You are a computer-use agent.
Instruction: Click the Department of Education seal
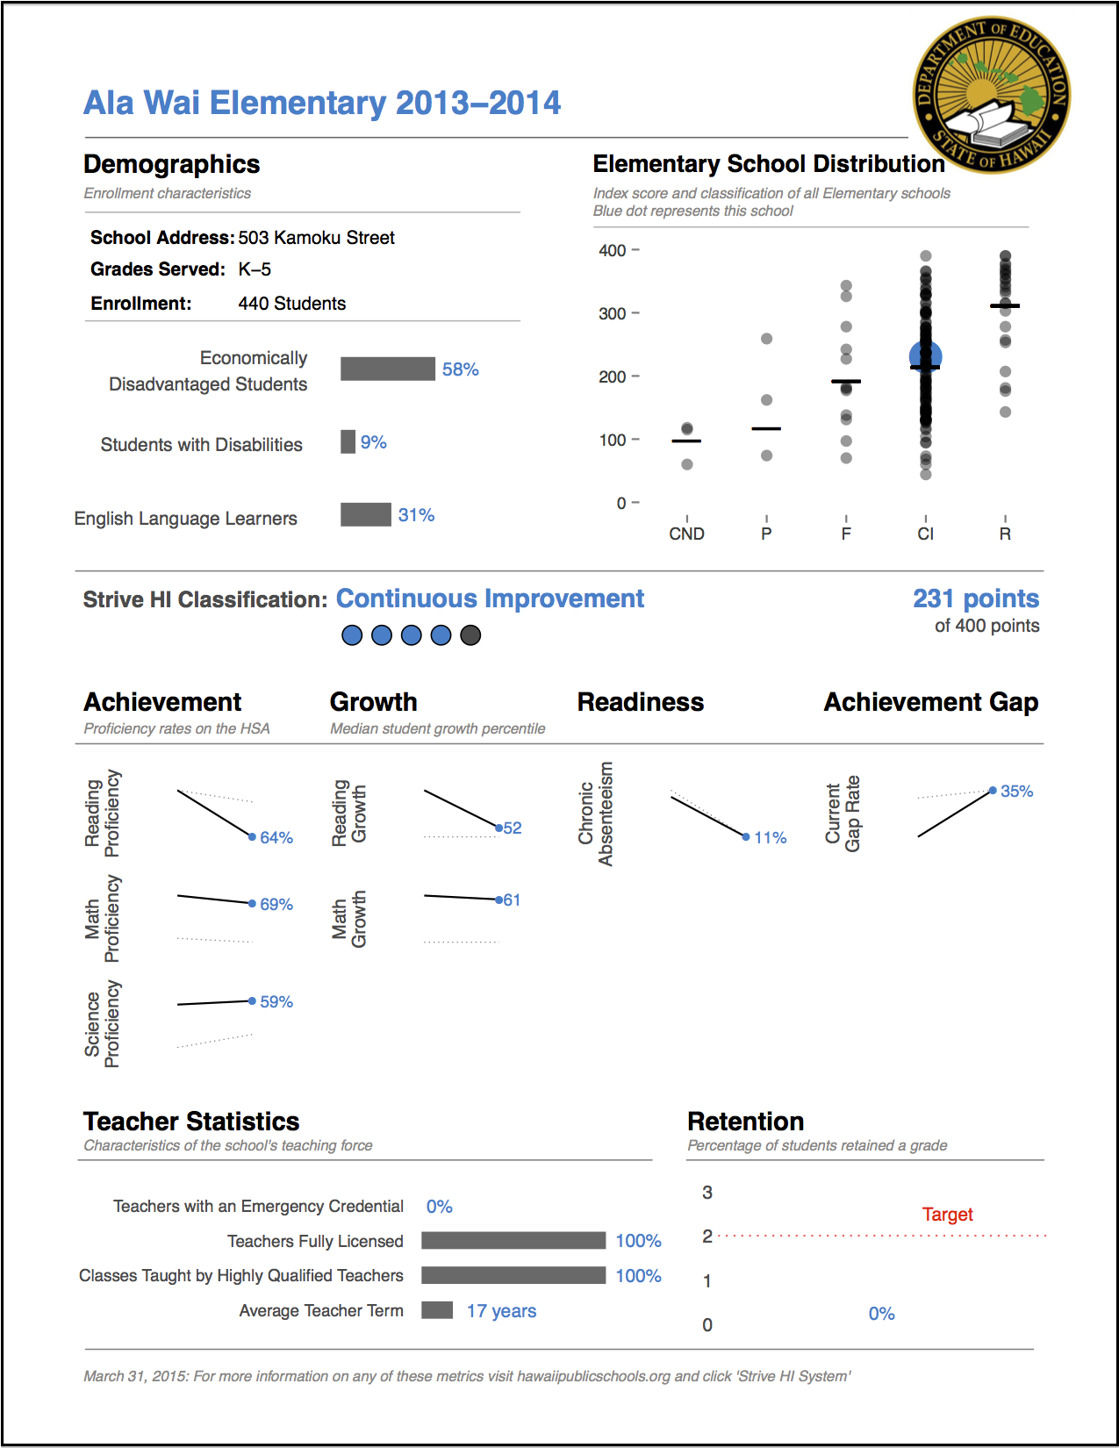tap(991, 95)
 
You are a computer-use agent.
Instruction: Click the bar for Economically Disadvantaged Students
tap(387, 369)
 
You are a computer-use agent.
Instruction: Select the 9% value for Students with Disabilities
tap(373, 441)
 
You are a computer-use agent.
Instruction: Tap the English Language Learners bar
tap(365, 514)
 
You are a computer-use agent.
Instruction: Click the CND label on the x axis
tap(686, 534)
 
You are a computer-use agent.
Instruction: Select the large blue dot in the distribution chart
tap(925, 355)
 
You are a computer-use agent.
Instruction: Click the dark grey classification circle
tap(470, 635)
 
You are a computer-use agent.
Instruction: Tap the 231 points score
tap(976, 599)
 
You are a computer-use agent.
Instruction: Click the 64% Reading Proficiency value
tap(276, 837)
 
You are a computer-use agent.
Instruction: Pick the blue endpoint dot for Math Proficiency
tap(252, 904)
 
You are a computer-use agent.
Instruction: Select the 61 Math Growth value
tap(512, 900)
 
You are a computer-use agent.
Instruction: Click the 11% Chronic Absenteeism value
tap(770, 837)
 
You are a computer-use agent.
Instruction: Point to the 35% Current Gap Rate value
tap(1016, 791)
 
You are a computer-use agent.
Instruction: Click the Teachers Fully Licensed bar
tap(513, 1240)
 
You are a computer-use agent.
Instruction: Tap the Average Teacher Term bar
tap(436, 1310)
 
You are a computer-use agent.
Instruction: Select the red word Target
tap(947, 1214)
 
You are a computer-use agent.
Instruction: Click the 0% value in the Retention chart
tap(881, 1314)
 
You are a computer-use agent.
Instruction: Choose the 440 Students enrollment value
tap(292, 303)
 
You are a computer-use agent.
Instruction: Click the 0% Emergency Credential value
tap(439, 1206)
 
